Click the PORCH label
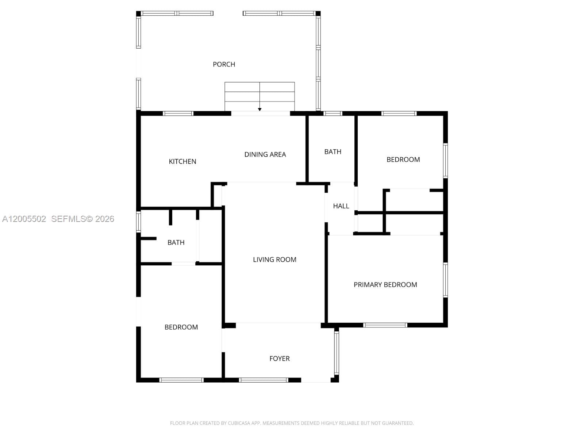tap(224, 64)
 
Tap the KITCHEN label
tap(182, 161)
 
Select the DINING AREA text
tap(265, 154)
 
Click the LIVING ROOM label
tap(274, 260)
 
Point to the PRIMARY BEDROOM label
tap(385, 285)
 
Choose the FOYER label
tap(279, 358)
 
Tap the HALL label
tap(341, 206)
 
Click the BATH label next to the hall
tap(333, 151)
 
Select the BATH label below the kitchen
tap(176, 242)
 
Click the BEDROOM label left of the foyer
tap(181, 327)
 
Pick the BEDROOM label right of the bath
tap(403, 160)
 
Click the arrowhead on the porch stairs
tap(260, 109)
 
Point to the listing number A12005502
tap(24, 219)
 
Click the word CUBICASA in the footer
tap(239, 423)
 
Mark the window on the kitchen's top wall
tap(178, 114)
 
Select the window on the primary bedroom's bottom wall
tap(385, 325)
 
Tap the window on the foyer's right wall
tap(337, 353)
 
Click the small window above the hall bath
tap(333, 114)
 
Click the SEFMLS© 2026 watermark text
tap(82, 219)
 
